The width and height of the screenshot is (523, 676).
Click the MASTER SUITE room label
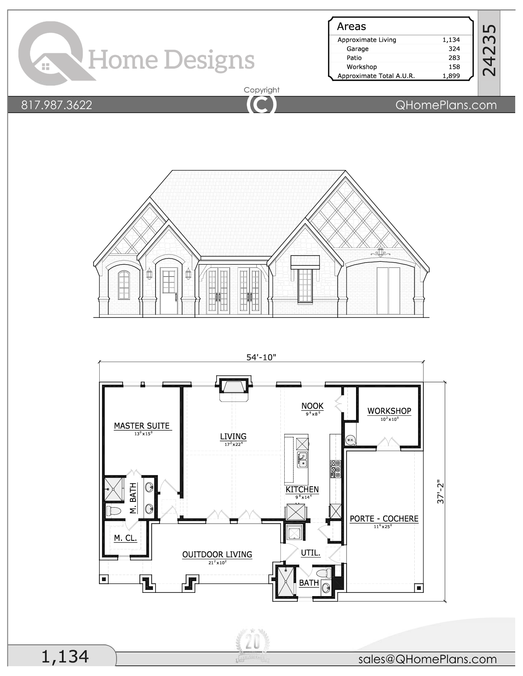tap(142, 426)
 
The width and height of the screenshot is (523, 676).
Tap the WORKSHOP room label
tap(389, 411)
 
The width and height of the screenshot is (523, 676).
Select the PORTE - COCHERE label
tap(384, 518)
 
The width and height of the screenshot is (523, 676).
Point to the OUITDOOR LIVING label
tap(217, 554)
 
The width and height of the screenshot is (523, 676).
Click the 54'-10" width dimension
tap(261, 357)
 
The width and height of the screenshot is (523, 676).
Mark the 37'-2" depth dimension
tap(441, 492)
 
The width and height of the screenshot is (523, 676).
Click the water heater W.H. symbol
tap(350, 440)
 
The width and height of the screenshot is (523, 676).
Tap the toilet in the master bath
tap(114, 511)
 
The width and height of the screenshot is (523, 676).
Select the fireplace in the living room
tap(234, 387)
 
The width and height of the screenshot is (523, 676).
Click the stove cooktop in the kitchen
tap(336, 469)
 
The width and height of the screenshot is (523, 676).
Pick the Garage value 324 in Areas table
tap(454, 49)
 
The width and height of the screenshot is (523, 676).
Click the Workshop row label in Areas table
tap(361, 67)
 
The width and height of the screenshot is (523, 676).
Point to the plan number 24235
tap(489, 50)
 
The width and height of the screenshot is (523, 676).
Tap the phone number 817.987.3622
tap(57, 105)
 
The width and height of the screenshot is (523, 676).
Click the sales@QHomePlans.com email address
tap(427, 659)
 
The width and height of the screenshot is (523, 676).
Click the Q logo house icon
tap(46, 66)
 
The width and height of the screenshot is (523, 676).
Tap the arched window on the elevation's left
tap(124, 285)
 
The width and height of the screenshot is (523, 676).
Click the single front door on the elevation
tap(169, 291)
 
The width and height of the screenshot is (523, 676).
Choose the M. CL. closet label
tap(125, 538)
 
